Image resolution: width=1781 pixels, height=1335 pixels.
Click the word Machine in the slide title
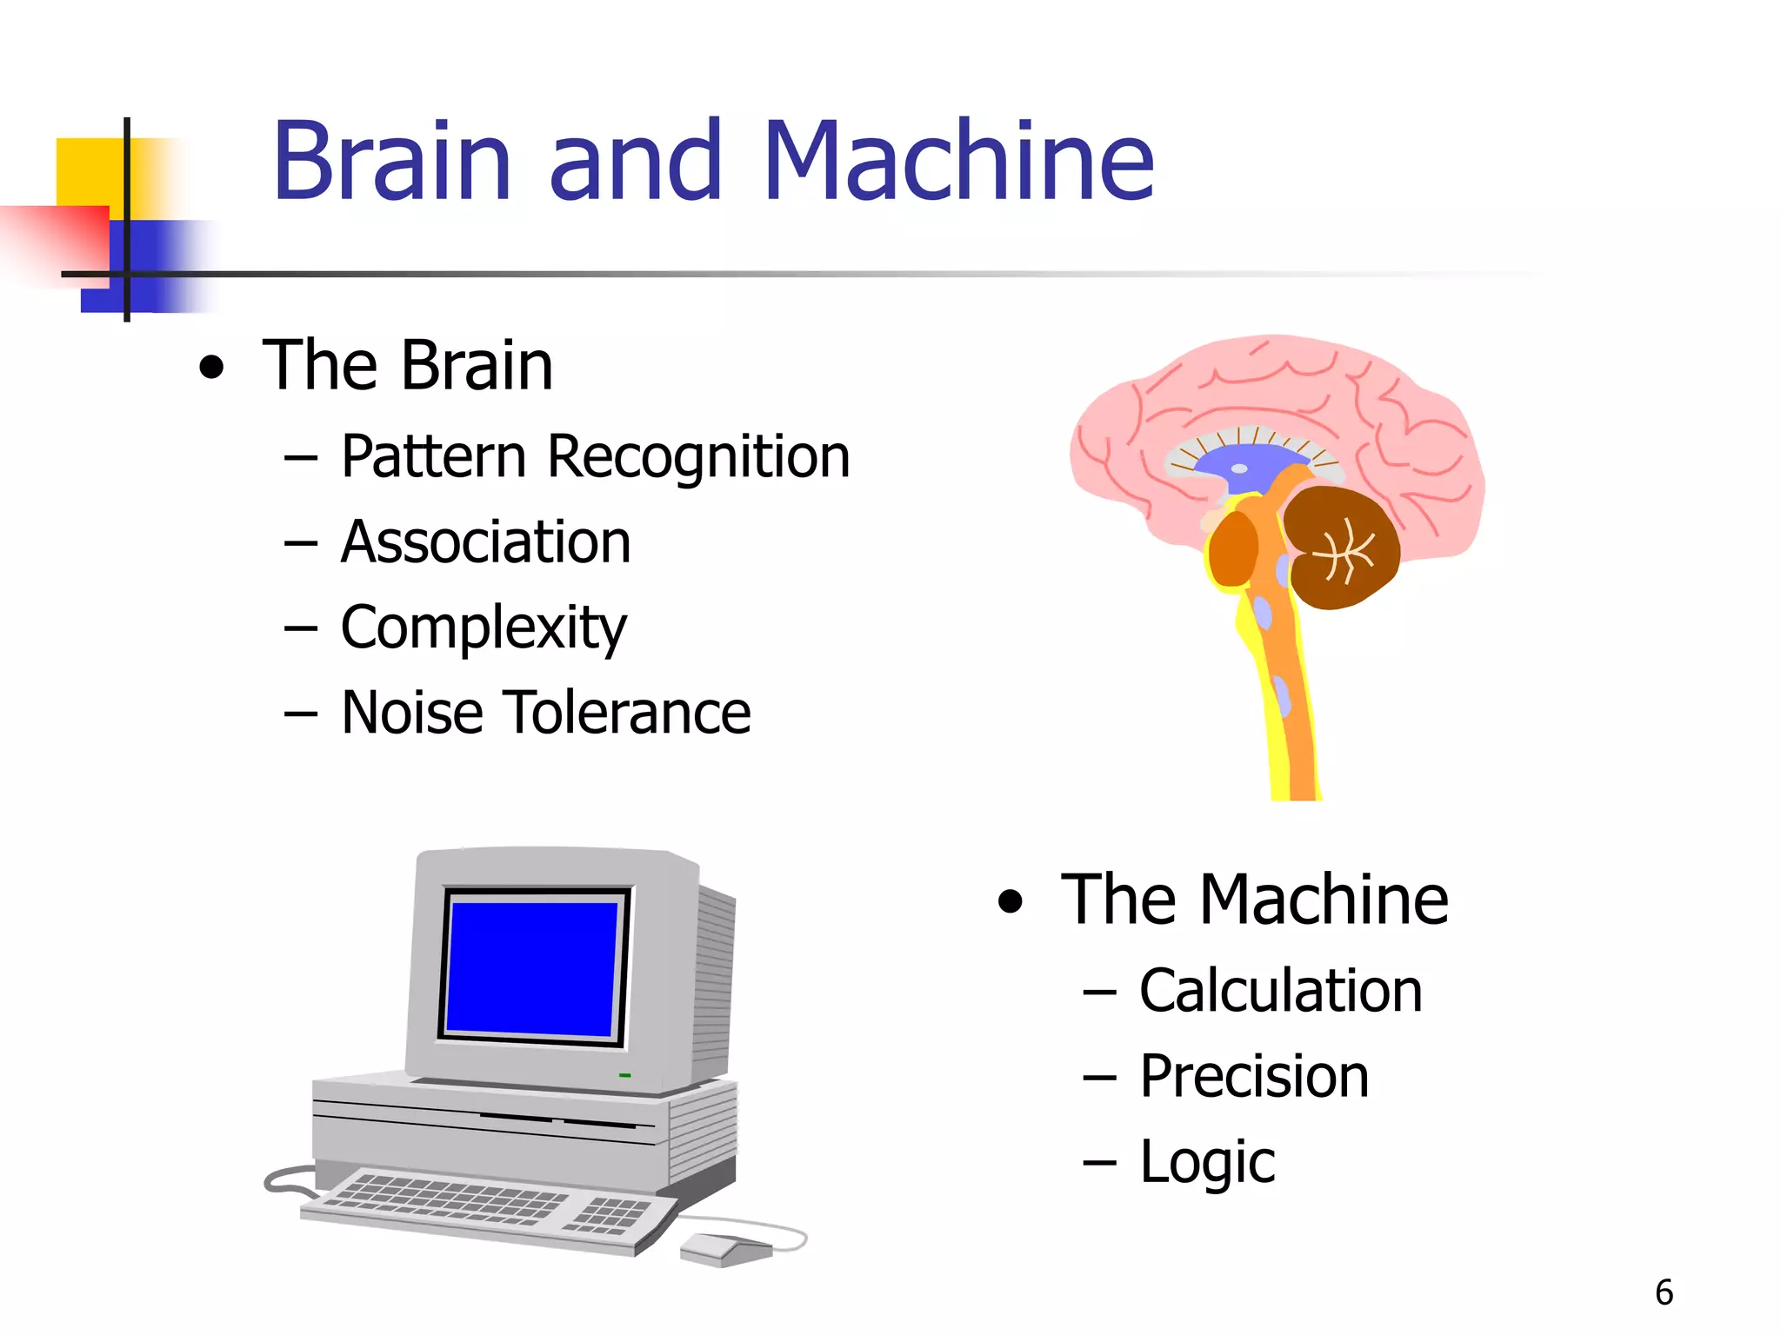pos(958,162)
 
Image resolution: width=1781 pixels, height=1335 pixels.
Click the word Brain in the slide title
pos(391,162)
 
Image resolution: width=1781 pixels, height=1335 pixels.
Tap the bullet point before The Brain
pos(211,368)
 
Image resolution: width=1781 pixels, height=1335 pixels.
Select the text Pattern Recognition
pos(595,457)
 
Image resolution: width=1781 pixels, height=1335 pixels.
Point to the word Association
pos(485,543)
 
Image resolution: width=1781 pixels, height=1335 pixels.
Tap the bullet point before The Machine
pos(1011,902)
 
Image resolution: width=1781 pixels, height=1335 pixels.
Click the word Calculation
pos(1280,992)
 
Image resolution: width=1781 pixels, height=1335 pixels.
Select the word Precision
pos(1254,1077)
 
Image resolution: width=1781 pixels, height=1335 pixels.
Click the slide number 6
pos(1664,1292)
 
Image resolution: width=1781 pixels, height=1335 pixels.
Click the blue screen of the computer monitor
pos(532,968)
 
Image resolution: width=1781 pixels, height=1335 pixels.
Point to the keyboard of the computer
pos(487,1208)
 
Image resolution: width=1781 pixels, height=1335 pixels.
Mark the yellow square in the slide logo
pos(87,170)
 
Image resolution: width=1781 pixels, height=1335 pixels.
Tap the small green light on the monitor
pos(624,1076)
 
